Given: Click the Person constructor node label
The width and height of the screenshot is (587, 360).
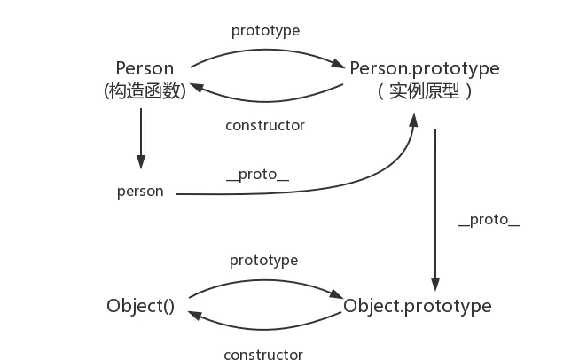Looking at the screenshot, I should point(145,68).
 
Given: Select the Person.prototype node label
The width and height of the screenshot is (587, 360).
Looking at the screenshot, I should point(425,68).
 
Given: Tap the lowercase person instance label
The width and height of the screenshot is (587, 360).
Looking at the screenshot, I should point(140,192).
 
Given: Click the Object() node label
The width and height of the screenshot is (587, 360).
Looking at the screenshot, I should point(140,307).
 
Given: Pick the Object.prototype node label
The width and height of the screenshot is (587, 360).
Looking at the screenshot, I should point(418,307).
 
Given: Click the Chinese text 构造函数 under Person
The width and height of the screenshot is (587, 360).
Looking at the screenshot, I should point(145,90).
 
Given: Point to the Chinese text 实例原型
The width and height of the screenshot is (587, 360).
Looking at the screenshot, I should point(424,90).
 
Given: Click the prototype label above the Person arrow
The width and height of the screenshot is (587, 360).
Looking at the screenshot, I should point(265,30).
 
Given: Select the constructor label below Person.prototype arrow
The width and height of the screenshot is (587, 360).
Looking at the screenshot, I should point(265,126).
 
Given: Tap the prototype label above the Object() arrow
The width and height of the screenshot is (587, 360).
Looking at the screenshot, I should point(263,261).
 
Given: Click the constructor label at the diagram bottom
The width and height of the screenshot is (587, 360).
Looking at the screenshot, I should point(263,355).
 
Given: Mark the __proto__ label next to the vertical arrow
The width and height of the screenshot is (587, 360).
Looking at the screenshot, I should point(489,221).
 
